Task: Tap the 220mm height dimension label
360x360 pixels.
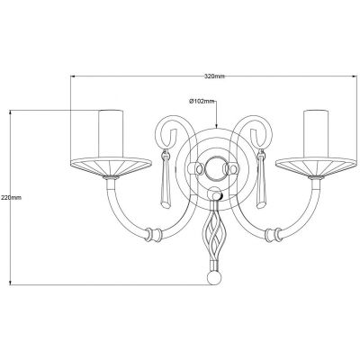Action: coord(11,196)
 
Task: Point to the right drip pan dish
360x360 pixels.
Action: coord(316,166)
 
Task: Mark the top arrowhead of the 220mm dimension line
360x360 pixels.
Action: coord(11,112)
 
